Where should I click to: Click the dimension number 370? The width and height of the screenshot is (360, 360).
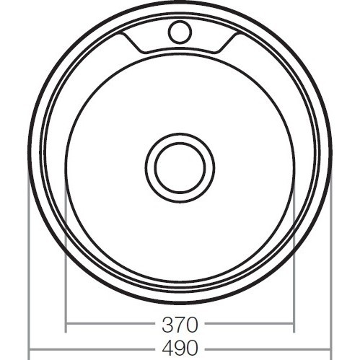tap(180, 322)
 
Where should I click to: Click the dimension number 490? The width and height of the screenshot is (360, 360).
tap(180, 348)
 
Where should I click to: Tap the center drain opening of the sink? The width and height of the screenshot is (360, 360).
tap(180, 167)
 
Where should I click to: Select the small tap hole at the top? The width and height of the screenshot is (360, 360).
tap(180, 31)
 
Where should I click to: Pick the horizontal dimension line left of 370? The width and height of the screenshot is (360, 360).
tap(108, 323)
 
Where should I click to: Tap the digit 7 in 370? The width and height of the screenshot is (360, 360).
tap(180, 322)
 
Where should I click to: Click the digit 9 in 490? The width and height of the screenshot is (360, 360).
tap(180, 348)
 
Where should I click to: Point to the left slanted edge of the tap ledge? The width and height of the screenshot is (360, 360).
tap(136, 41)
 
